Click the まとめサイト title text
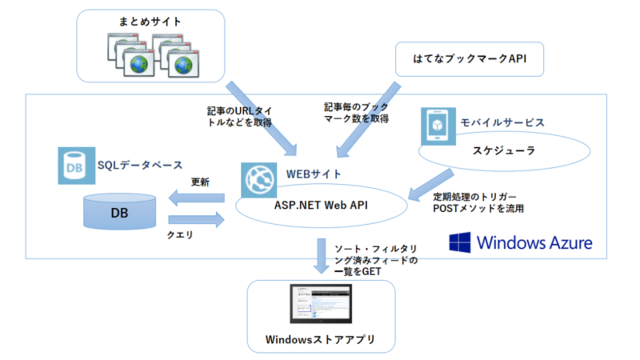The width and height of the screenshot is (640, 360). [x=150, y=22]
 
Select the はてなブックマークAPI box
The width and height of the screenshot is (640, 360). [x=469, y=59]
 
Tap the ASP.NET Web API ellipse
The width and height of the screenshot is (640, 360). [x=320, y=206]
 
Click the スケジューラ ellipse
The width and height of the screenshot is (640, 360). [x=504, y=151]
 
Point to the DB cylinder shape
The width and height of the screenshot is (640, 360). [x=120, y=212]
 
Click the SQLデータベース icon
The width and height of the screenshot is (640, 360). [x=76, y=165]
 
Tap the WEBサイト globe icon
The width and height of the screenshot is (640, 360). [x=259, y=180]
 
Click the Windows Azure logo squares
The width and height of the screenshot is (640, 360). [x=460, y=242]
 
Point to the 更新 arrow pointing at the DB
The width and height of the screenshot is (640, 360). [x=196, y=198]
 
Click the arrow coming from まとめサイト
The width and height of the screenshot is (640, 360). [x=261, y=116]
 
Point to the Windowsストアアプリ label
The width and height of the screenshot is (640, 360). [x=320, y=340]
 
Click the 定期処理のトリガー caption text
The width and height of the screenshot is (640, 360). [x=475, y=197]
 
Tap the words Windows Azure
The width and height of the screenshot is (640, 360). [x=535, y=242]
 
